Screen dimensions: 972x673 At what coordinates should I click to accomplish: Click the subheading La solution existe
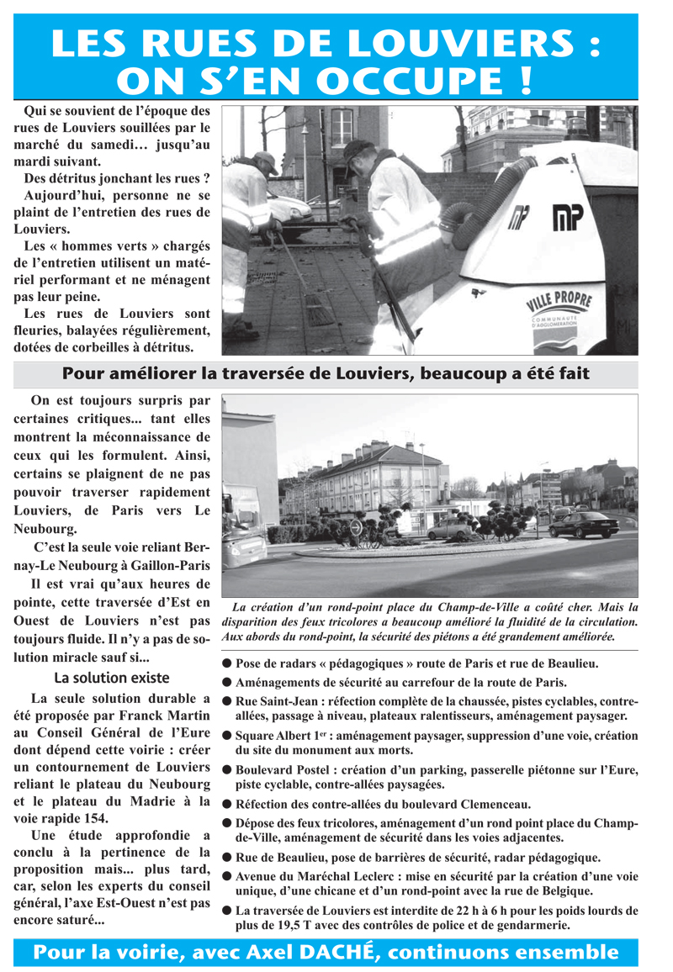(x=112, y=678)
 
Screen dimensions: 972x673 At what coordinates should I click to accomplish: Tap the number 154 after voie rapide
(x=96, y=817)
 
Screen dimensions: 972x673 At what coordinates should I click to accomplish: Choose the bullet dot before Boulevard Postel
(x=227, y=770)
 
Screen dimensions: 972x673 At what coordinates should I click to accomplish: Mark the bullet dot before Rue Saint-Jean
(x=227, y=701)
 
